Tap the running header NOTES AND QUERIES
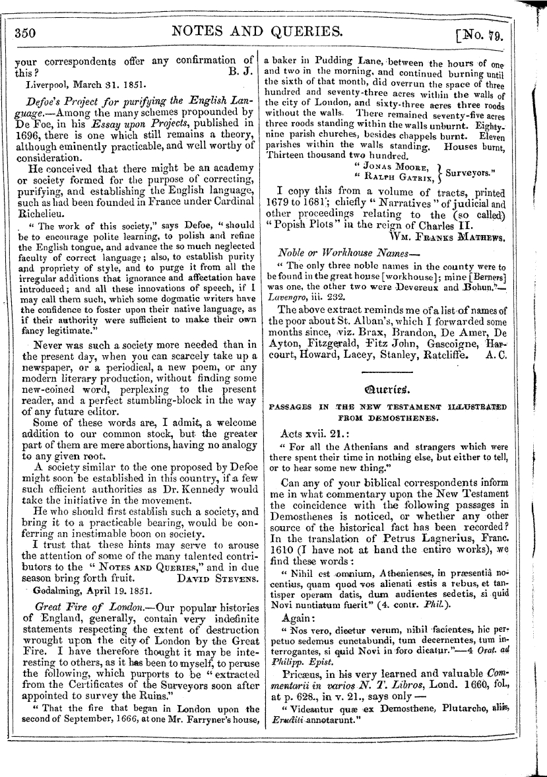pos(256,31)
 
